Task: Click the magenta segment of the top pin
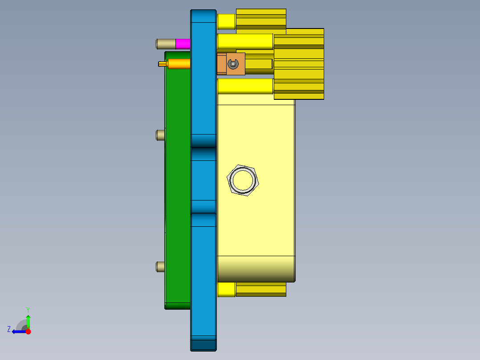click(183, 44)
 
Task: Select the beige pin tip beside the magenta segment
click(165, 44)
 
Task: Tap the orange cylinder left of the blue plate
click(179, 64)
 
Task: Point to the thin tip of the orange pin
click(163, 64)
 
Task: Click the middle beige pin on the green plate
click(160, 135)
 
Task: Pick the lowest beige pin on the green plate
click(160, 266)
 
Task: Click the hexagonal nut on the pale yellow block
click(243, 180)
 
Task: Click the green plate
click(178, 187)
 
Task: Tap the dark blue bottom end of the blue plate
click(203, 344)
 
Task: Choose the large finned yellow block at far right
click(299, 64)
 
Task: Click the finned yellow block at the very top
click(261, 20)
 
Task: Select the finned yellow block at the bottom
click(261, 289)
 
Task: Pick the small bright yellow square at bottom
click(226, 289)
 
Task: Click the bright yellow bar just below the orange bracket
click(245, 86)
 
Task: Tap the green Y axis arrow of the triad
click(28, 320)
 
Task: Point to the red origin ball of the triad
click(28, 331)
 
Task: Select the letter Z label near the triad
click(9, 329)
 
